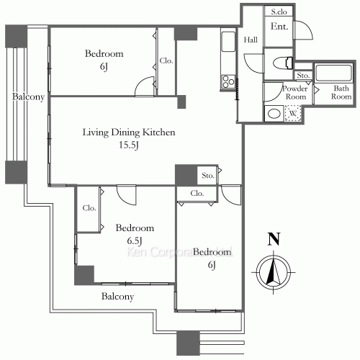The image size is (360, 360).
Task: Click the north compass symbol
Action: click(272, 274)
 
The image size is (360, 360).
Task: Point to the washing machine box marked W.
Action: click(293, 114)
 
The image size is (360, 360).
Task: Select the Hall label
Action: click(251, 40)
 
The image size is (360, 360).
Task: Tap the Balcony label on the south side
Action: click(117, 296)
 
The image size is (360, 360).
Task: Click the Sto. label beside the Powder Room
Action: click(302, 75)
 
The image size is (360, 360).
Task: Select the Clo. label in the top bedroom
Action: click(166, 61)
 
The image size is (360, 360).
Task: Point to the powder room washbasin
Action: click(274, 114)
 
